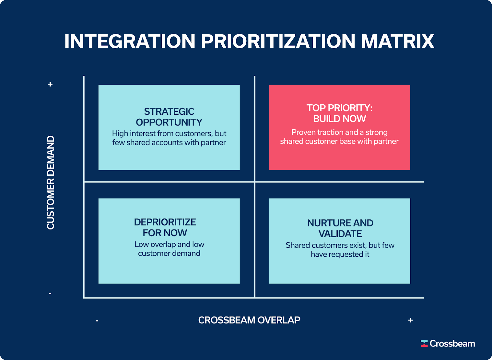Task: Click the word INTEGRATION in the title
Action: click(x=130, y=41)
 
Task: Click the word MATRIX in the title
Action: click(x=398, y=41)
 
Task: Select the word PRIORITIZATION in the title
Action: click(x=278, y=41)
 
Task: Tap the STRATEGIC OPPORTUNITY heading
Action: click(x=169, y=117)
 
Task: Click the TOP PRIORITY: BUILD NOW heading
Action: click(x=339, y=114)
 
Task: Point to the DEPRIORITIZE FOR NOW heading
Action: click(x=165, y=227)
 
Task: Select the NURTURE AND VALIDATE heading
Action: click(x=340, y=228)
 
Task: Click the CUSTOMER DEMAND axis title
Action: click(x=50, y=183)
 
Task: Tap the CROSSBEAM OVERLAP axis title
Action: click(x=249, y=320)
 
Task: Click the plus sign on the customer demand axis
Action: click(x=50, y=84)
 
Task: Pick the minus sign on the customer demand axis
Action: click(x=50, y=294)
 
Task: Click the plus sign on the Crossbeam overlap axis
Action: click(x=411, y=320)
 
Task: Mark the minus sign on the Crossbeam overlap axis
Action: click(x=97, y=321)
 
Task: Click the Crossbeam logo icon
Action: click(x=424, y=343)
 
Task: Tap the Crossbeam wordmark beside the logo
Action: click(x=452, y=343)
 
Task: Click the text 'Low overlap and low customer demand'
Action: click(x=169, y=249)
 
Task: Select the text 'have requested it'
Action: click(x=340, y=254)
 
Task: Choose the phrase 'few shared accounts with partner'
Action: click(x=169, y=142)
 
